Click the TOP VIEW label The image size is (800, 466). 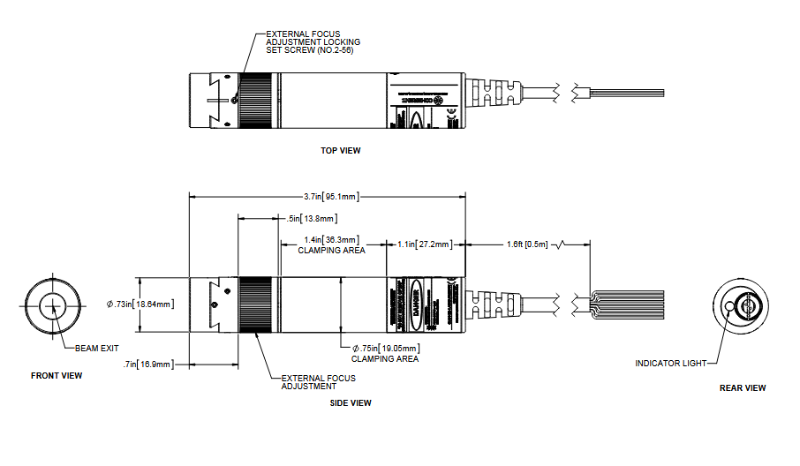pyautogui.click(x=340, y=151)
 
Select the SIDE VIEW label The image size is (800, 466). pyautogui.click(x=350, y=403)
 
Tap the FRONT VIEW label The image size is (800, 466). pyautogui.click(x=57, y=376)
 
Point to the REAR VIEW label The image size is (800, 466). pyautogui.click(x=743, y=387)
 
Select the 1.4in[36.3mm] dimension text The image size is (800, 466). pyautogui.click(x=331, y=240)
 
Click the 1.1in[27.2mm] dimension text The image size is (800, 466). pyautogui.click(x=425, y=244)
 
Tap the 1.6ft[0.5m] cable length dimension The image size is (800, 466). pyautogui.click(x=527, y=244)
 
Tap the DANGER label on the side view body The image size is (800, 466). pyautogui.click(x=417, y=304)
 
